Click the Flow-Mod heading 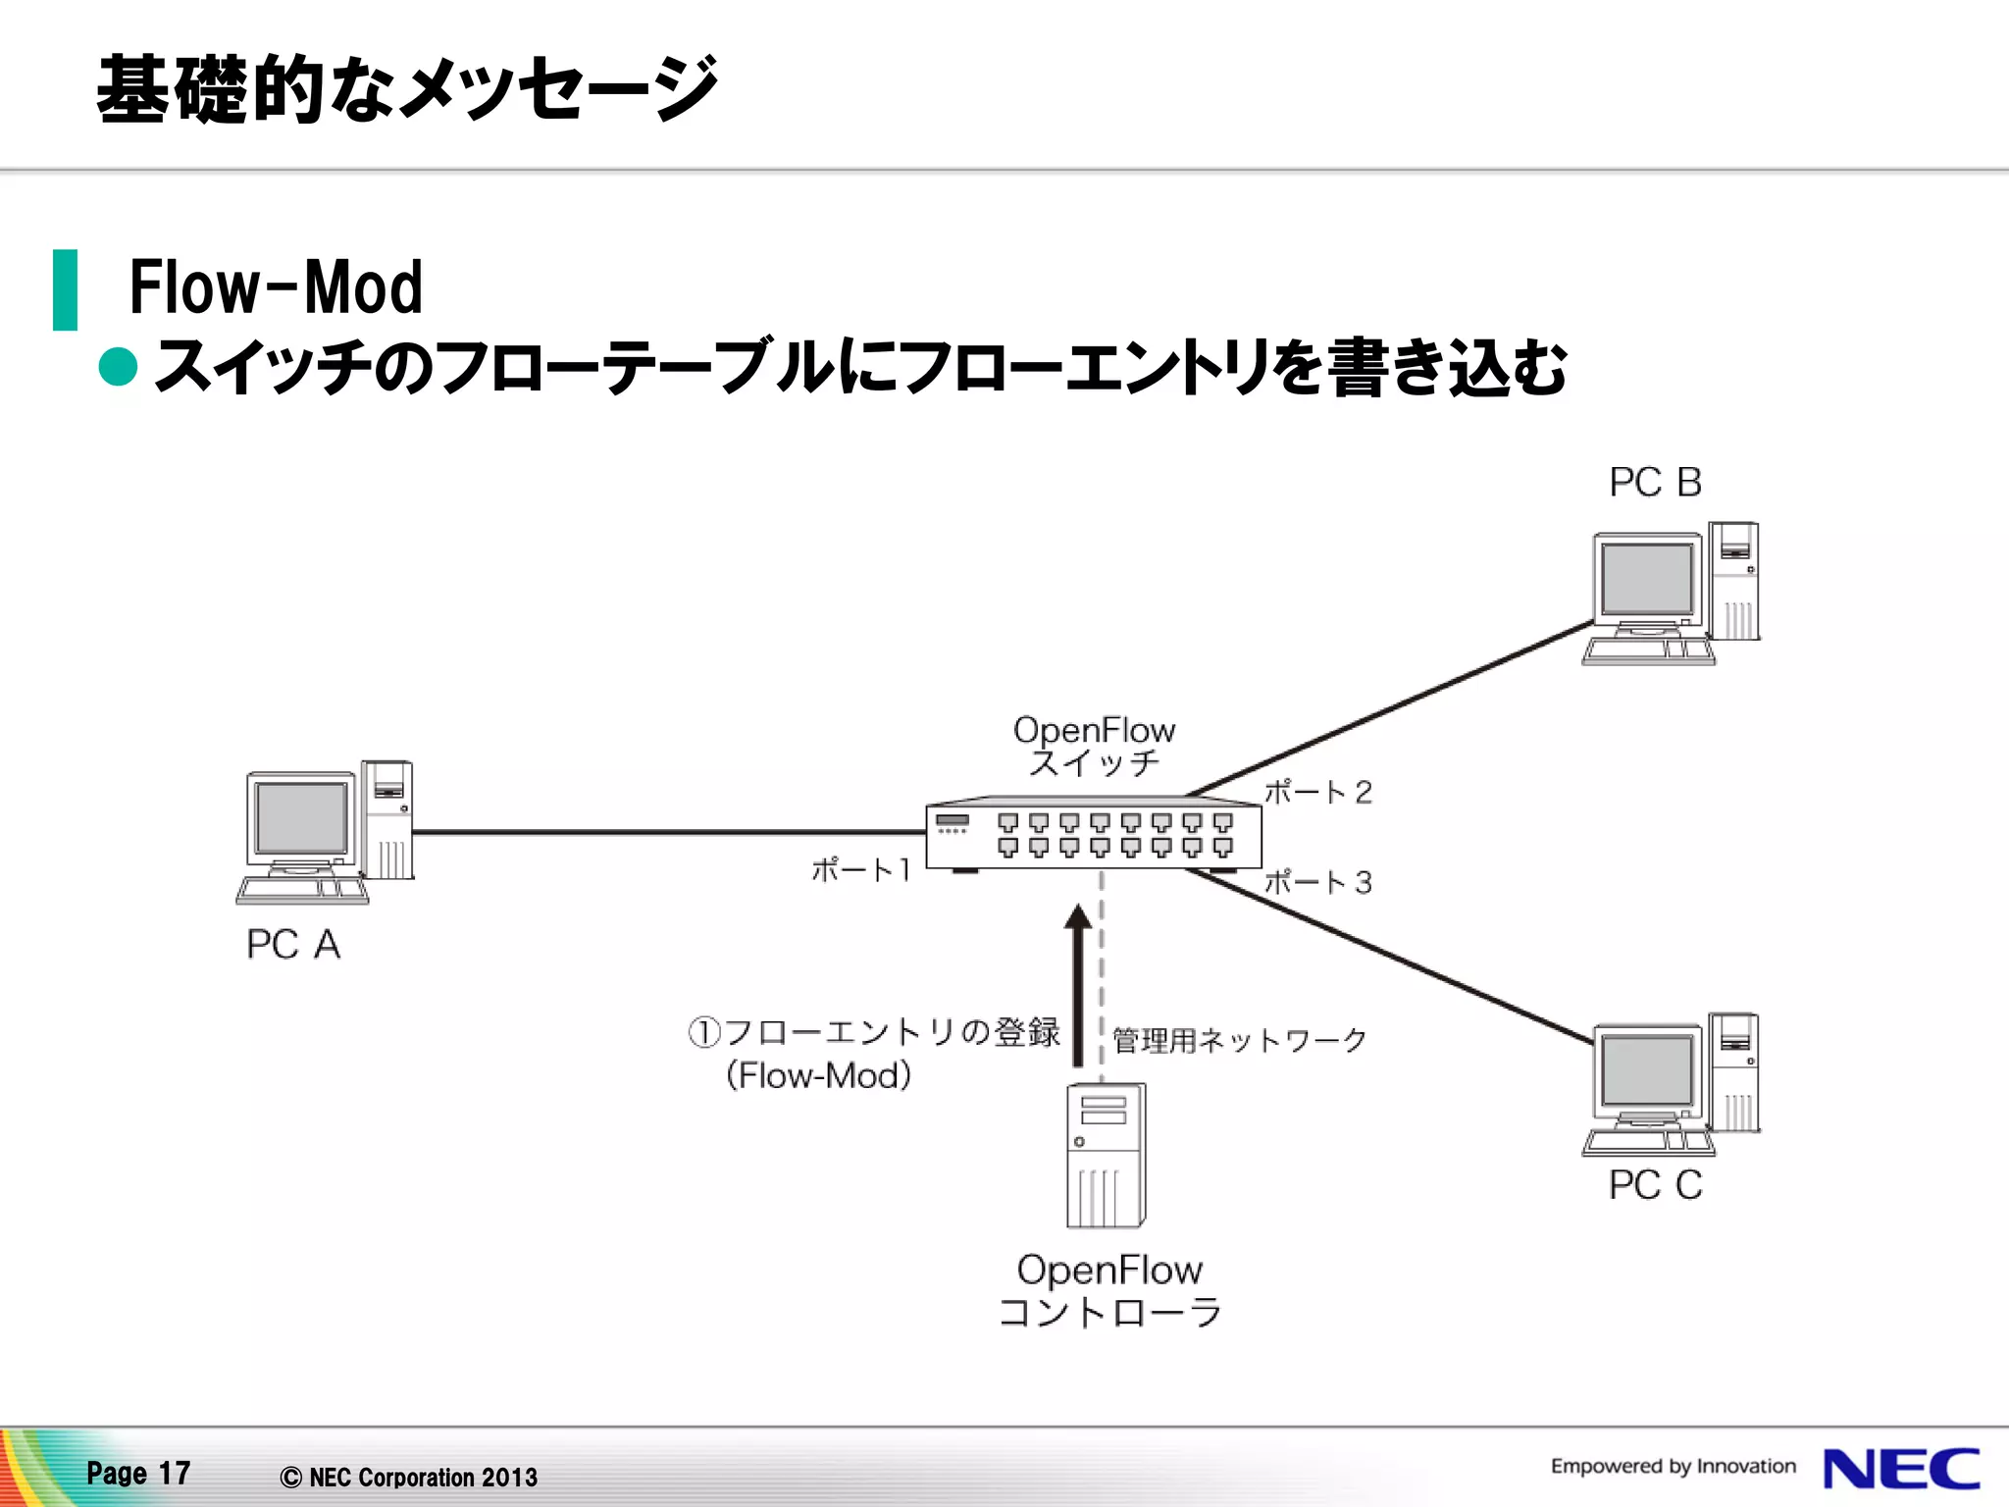[276, 287]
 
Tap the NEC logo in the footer [1900, 1469]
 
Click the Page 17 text [138, 1473]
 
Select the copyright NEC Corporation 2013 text [409, 1477]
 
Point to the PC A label [293, 944]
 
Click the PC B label [1655, 482]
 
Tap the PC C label [1655, 1185]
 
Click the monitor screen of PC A [301, 818]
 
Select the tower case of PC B [1734, 581]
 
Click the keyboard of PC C [1648, 1142]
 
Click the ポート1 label [861, 869]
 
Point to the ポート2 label [1317, 792]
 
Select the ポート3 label [1317, 882]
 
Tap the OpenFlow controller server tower [1106, 1156]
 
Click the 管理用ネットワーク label [1240, 1040]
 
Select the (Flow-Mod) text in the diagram [818, 1075]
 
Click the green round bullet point [119, 367]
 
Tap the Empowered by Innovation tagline [1673, 1466]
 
